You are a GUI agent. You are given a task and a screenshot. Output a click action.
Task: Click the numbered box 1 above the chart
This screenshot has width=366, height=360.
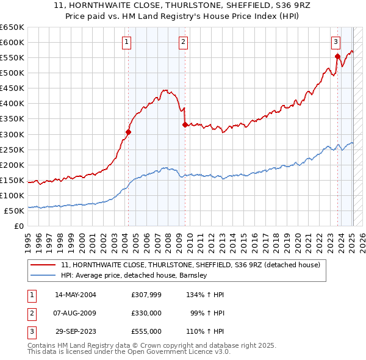point(126,42)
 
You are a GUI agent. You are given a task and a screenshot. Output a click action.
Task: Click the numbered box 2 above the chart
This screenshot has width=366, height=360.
point(183,42)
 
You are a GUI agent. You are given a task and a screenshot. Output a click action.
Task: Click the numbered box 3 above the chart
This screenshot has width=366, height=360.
point(335,42)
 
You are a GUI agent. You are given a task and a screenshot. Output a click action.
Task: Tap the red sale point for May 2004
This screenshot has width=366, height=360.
point(128,131)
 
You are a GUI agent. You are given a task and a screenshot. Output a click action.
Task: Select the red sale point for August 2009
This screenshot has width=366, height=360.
point(185,124)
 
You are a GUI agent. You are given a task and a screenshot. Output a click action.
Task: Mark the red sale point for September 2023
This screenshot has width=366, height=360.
point(337,56)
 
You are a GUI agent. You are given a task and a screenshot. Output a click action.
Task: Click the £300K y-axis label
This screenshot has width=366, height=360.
point(12,134)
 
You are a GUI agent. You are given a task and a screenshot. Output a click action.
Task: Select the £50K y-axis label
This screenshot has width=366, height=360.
point(14,211)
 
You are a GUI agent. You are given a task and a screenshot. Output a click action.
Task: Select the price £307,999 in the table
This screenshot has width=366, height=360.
point(146,295)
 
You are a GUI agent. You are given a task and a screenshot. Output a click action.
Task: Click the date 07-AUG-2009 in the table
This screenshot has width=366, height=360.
point(76,313)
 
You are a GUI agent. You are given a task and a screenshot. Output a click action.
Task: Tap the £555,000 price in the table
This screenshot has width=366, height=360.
point(146,331)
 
